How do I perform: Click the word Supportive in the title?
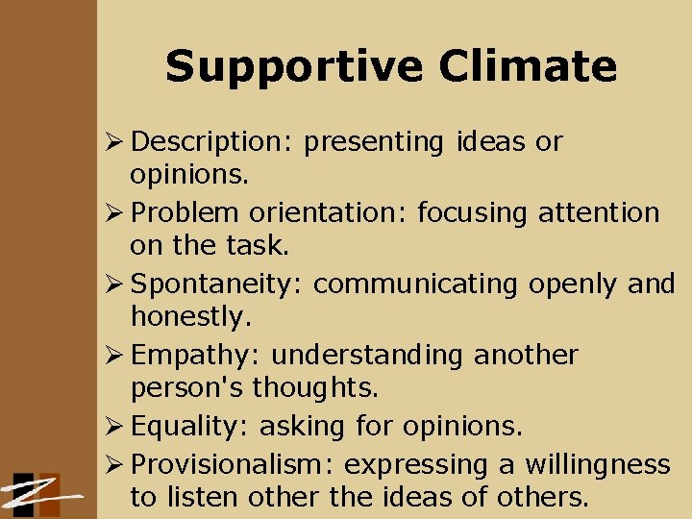pos(293,67)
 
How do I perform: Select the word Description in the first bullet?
pos(204,142)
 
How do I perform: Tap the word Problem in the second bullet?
pos(185,213)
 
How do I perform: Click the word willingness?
pos(597,465)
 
